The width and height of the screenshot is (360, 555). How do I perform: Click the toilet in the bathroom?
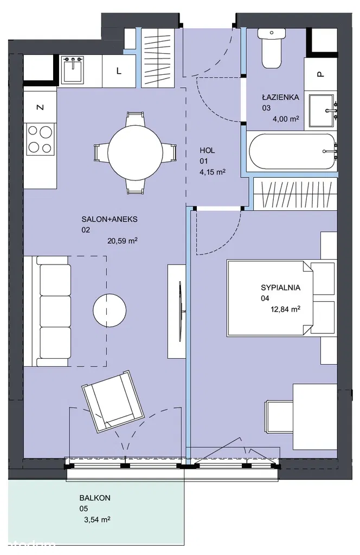click(x=272, y=48)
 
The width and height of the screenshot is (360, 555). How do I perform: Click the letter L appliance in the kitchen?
click(x=119, y=71)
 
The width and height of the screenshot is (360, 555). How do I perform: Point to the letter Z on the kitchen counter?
click(x=41, y=107)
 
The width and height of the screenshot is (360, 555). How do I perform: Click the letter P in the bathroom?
click(x=320, y=74)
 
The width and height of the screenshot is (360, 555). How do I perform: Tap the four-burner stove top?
click(x=40, y=139)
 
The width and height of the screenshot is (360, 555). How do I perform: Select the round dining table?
click(x=135, y=153)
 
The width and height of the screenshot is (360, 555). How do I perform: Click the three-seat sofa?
click(x=53, y=311)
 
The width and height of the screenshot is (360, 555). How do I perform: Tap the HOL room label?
click(x=207, y=151)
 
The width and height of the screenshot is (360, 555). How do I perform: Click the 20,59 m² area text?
click(x=123, y=241)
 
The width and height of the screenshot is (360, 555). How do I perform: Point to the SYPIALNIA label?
click(x=281, y=287)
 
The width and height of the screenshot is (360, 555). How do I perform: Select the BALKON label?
click(x=95, y=498)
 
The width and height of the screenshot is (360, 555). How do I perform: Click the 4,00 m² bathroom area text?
click(x=286, y=119)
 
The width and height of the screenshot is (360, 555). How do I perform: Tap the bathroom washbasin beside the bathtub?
click(x=322, y=111)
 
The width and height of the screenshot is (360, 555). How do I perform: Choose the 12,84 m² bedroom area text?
click(x=286, y=309)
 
